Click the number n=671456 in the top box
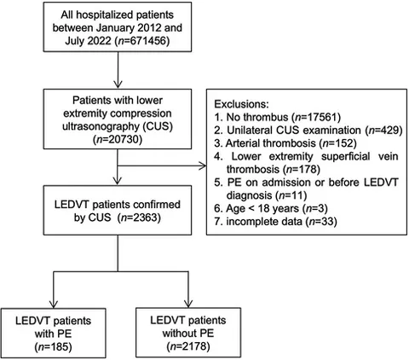pyautogui.click(x=141, y=41)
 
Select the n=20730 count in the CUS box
pyautogui.click(x=118, y=140)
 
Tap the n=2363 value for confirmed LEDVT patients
pyautogui.click(x=141, y=218)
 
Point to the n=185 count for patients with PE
pyautogui.click(x=53, y=346)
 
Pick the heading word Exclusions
pyautogui.click(x=241, y=104)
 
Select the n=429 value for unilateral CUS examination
pyautogui.click(x=383, y=130)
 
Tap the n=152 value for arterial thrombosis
pyautogui.click(x=337, y=143)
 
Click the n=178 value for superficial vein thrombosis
pyautogui.click(x=302, y=169)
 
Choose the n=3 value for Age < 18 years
pyautogui.click(x=314, y=208)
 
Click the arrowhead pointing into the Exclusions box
pyautogui.click(x=203, y=165)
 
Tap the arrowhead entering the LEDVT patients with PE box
pyautogui.click(x=54, y=304)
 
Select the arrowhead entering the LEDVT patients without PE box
pyautogui.click(x=188, y=304)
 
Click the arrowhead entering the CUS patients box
pyautogui.click(x=118, y=84)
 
